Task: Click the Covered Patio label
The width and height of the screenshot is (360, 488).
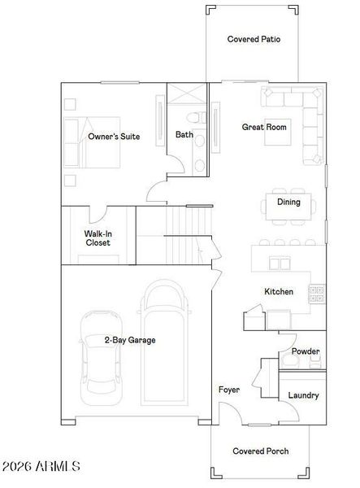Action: pyautogui.click(x=254, y=39)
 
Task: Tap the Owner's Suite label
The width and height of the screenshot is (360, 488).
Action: pyautogui.click(x=114, y=137)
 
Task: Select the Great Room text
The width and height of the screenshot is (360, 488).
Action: pyautogui.click(x=264, y=127)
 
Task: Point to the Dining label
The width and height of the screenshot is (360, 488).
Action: pyautogui.click(x=288, y=202)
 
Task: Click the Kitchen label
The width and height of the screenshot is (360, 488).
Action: pyautogui.click(x=278, y=292)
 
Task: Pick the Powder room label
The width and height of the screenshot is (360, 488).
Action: pyautogui.click(x=306, y=351)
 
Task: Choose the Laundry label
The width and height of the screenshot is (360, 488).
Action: pyautogui.click(x=303, y=395)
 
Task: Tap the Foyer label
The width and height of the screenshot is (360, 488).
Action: pyautogui.click(x=229, y=390)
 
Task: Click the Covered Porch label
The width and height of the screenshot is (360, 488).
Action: pyautogui.click(x=260, y=451)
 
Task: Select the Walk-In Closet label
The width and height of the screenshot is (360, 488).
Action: pyautogui.click(x=98, y=237)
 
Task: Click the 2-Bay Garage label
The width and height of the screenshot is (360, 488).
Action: pyautogui.click(x=129, y=340)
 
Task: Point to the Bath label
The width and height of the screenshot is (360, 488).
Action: pyautogui.click(x=184, y=135)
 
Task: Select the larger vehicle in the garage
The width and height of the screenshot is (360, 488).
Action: pyautogui.click(x=165, y=342)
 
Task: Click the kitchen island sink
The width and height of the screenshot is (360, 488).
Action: pyautogui.click(x=280, y=264)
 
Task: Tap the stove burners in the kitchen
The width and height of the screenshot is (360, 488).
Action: pyautogui.click(x=317, y=293)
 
